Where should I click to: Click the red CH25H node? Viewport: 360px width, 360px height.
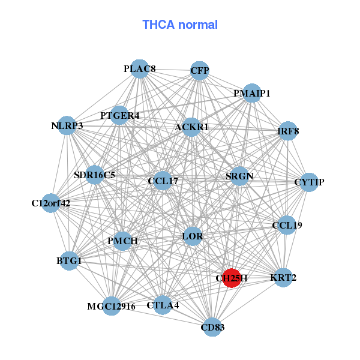[x=232, y=278]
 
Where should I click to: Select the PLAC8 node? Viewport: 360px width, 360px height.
[x=139, y=68]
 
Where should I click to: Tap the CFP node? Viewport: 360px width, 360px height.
[x=199, y=71]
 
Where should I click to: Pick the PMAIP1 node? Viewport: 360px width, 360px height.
[x=252, y=93]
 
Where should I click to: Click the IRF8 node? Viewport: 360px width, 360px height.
[x=288, y=131]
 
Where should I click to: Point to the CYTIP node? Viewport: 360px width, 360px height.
[x=308, y=182]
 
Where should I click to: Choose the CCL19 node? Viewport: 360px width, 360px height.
[x=287, y=226]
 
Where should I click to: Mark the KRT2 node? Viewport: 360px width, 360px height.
[x=283, y=278]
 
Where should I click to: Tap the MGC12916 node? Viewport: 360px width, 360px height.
[x=111, y=307]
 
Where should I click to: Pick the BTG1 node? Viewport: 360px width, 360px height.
[x=69, y=261]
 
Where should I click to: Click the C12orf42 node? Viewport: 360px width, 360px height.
[x=51, y=203]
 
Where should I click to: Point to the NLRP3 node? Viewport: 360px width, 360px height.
[x=67, y=126]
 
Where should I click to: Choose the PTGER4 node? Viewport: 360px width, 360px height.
[x=119, y=115]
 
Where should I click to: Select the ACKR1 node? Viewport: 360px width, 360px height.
[x=191, y=127]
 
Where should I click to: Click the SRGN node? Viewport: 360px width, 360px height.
[x=239, y=176]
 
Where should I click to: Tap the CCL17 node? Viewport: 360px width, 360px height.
[x=163, y=181]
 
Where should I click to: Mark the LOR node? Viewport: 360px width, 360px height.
[x=192, y=236]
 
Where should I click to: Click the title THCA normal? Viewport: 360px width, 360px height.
[x=180, y=25]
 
